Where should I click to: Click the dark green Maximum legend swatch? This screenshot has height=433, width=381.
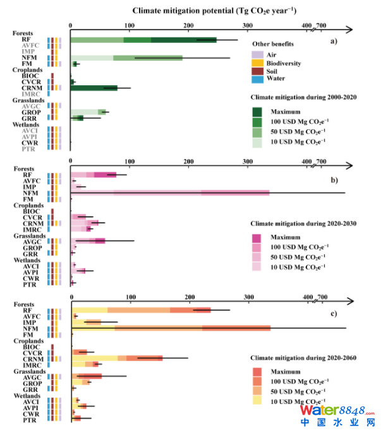pyautogui.click(x=257, y=111)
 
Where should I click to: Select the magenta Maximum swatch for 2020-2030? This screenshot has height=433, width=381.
pyautogui.click(x=257, y=238)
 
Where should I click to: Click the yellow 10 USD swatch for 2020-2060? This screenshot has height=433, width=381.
pyautogui.click(x=257, y=400)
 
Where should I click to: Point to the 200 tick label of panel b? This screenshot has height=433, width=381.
pyautogui.click(x=188, y=161)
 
